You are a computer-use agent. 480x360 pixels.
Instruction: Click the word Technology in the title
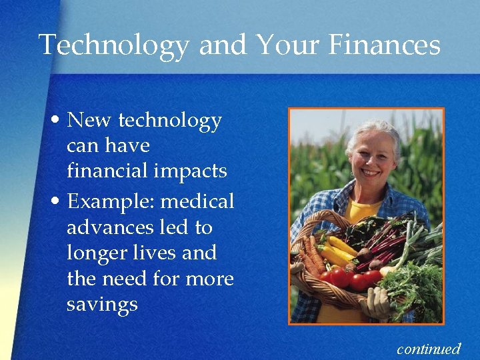coord(114,45)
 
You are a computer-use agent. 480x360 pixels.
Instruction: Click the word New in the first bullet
coord(90,121)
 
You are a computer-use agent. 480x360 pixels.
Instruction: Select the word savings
coord(102,304)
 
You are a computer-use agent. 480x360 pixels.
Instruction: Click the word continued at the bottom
coord(429,348)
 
